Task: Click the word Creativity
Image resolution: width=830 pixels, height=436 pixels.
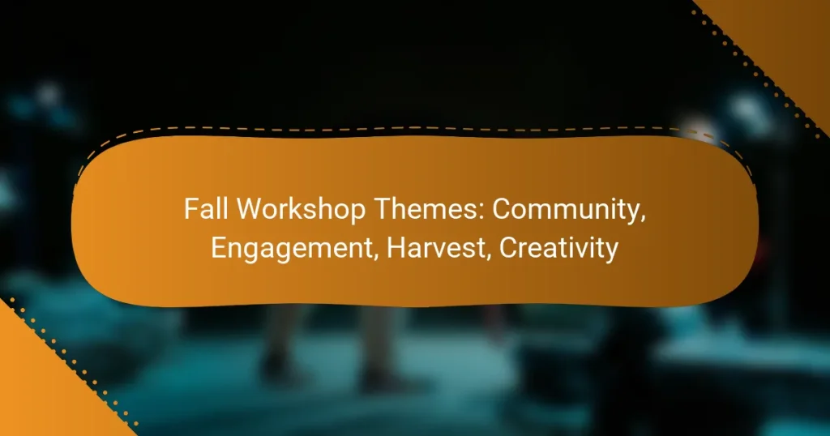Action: point(558,248)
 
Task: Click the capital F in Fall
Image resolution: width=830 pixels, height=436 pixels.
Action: point(189,210)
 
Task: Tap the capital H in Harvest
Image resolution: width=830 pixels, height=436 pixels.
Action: point(395,247)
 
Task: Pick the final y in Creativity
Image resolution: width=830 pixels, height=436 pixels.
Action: point(611,250)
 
